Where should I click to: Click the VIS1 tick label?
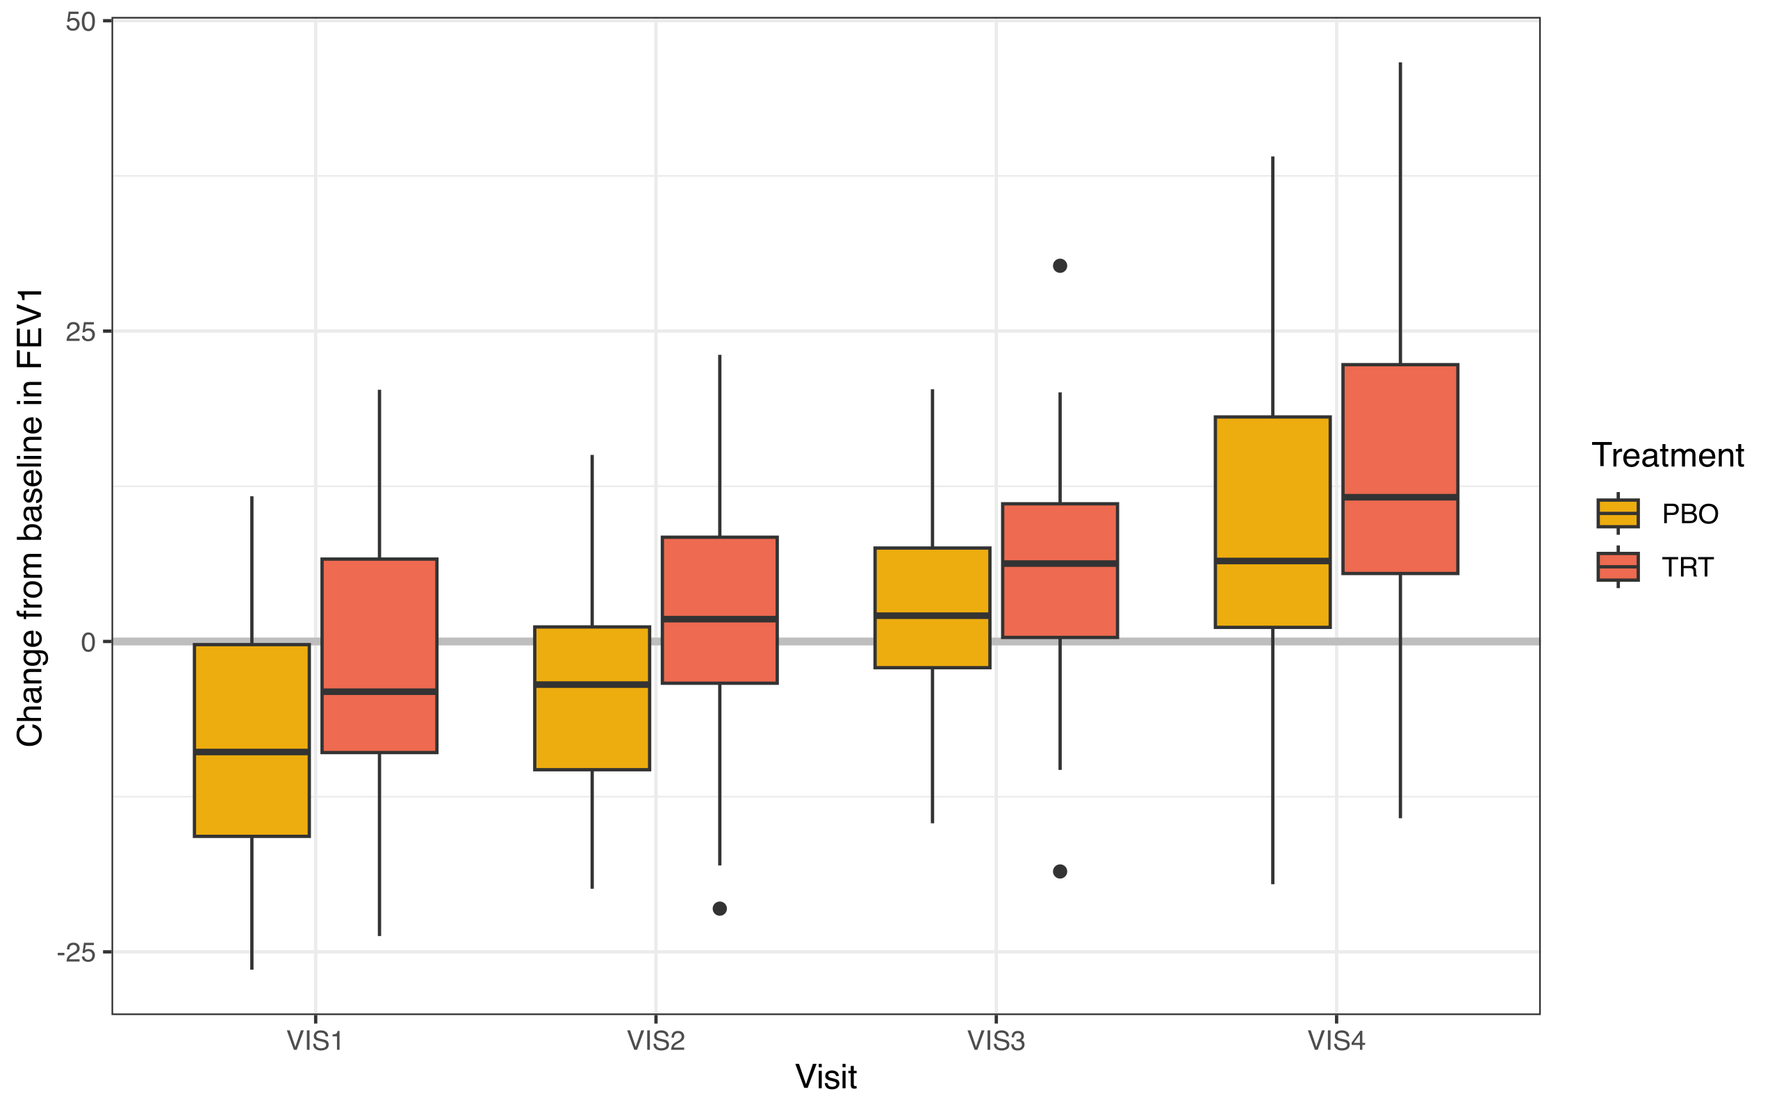tap(315, 1041)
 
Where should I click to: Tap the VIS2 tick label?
tap(656, 1041)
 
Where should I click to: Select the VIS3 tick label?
tap(996, 1041)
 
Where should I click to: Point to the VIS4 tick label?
tap(1336, 1041)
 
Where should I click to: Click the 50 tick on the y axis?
tap(81, 22)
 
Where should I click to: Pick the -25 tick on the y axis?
tap(76, 953)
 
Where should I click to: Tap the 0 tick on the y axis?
tap(88, 643)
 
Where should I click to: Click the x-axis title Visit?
tap(826, 1077)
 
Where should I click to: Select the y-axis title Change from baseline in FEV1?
tap(31, 518)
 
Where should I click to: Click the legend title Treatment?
tap(1667, 455)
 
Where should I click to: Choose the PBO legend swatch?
tap(1618, 514)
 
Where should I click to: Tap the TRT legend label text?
tap(1688, 567)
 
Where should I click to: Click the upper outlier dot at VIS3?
tap(1060, 265)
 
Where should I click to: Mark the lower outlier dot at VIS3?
tap(1060, 872)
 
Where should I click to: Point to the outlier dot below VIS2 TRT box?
tap(720, 909)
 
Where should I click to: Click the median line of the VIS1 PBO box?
tap(252, 751)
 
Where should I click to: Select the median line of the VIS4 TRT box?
tap(1400, 497)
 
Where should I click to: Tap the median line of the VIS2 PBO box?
tap(592, 684)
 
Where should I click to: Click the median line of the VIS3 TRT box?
tap(1060, 564)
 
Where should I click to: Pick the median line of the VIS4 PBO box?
tap(1272, 560)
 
